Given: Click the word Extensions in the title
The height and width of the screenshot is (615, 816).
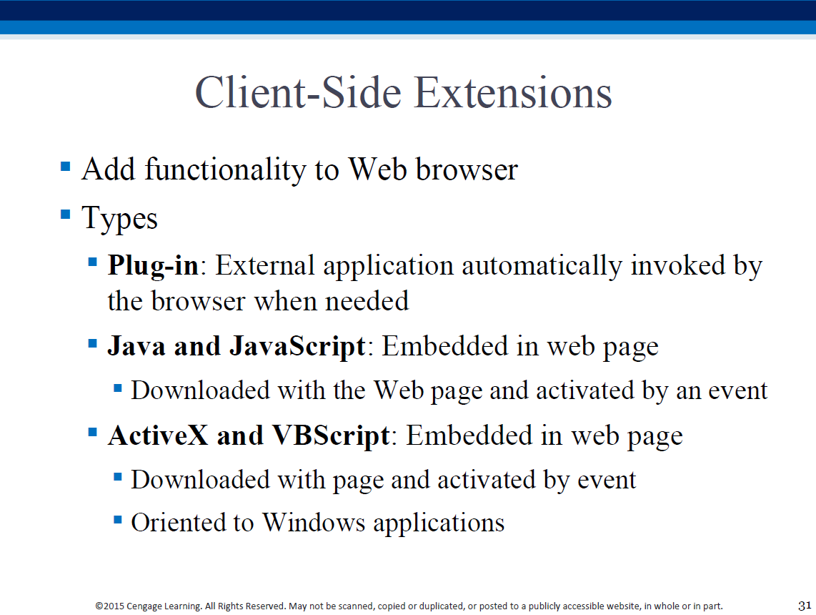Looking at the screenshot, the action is pyautogui.click(x=514, y=93).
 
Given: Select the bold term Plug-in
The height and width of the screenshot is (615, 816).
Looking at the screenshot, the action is pyautogui.click(x=153, y=266).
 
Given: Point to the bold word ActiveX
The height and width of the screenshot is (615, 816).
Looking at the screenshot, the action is pyautogui.click(x=158, y=436).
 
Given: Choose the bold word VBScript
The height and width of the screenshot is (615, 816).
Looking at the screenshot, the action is pyautogui.click(x=331, y=436).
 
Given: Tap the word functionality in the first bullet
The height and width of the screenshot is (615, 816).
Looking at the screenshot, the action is pyautogui.click(x=225, y=169).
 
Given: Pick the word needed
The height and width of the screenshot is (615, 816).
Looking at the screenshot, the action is pyautogui.click(x=367, y=301).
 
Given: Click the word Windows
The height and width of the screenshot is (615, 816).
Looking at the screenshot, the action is pyautogui.click(x=313, y=522).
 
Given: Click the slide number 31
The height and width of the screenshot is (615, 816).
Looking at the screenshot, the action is pyautogui.click(x=805, y=606).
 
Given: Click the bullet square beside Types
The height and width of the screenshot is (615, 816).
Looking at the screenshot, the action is pyautogui.click(x=66, y=214).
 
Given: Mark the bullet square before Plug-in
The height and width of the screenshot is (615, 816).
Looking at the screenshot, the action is pyautogui.click(x=93, y=262).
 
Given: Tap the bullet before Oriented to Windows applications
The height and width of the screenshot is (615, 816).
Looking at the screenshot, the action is pyautogui.click(x=118, y=519).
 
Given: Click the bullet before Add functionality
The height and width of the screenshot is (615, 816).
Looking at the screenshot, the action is pyautogui.click(x=66, y=167).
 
